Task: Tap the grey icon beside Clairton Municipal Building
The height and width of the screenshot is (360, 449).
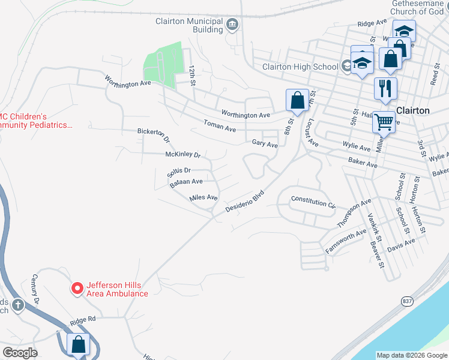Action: point(232,25)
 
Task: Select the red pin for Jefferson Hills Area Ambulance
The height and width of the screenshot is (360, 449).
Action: point(77,289)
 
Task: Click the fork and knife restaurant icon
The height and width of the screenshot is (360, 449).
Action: point(385,88)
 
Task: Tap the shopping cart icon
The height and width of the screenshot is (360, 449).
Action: point(384,122)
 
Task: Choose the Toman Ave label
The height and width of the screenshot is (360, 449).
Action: point(220,126)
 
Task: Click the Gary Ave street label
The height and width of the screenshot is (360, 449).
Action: point(265,144)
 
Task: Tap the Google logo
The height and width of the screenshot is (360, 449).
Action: point(20,353)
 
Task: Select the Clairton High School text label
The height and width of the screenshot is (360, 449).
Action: point(300,67)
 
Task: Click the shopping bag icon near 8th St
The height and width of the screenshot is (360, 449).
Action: point(297,100)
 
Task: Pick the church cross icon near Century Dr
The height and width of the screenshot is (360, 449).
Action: point(18,305)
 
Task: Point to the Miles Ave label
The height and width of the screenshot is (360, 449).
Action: point(203,197)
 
